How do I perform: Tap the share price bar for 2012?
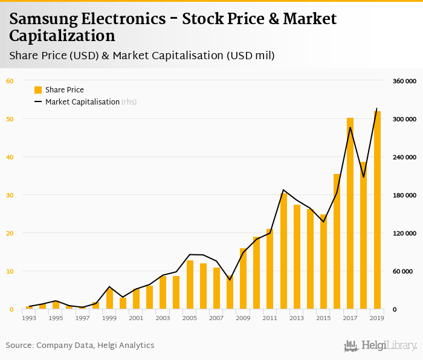coord(283,251)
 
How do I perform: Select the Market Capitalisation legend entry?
coord(82,102)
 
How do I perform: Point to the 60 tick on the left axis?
coord(10,81)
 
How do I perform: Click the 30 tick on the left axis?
coord(10,195)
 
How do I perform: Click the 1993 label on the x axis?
coord(29,318)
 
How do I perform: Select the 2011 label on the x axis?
coord(270,318)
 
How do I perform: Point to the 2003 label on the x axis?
coord(163,318)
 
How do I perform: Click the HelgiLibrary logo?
coord(381,346)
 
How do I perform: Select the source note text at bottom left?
coord(80,346)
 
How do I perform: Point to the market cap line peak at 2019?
coord(377,109)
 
